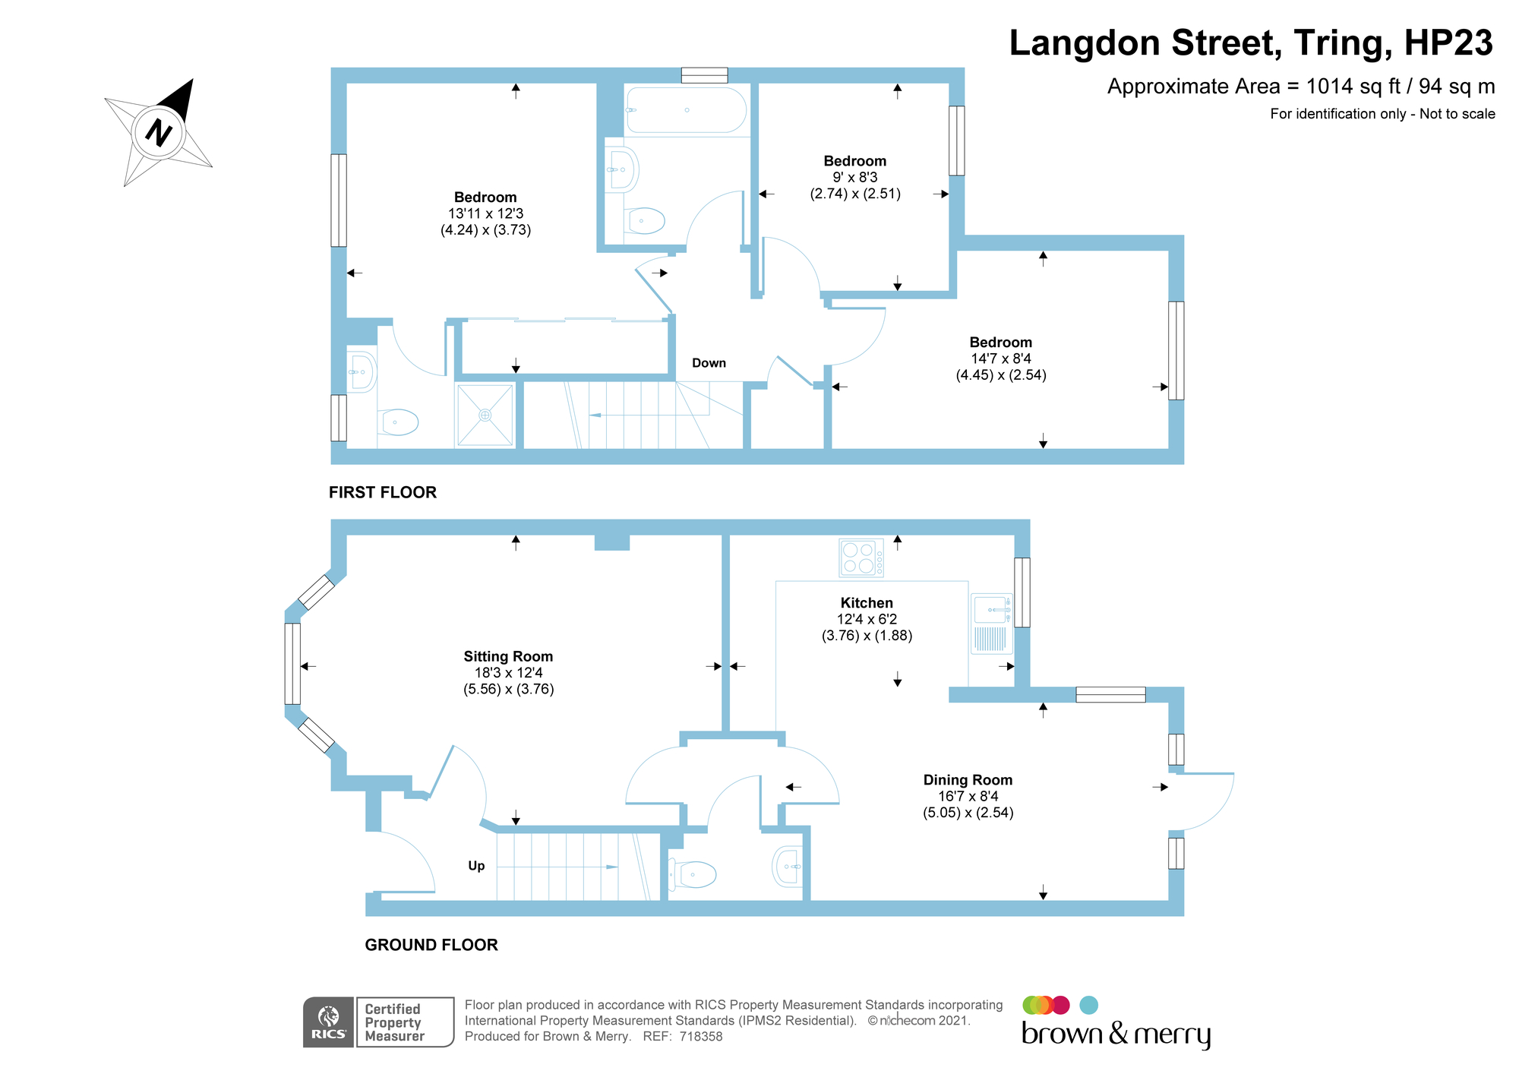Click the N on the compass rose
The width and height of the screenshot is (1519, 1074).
pyautogui.click(x=159, y=133)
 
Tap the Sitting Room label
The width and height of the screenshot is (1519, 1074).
pyautogui.click(x=508, y=656)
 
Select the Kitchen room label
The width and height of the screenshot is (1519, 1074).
pyautogui.click(x=867, y=603)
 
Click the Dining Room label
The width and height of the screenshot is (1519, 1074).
pyautogui.click(x=968, y=780)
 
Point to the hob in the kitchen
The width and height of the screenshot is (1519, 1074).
pyautogui.click(x=861, y=558)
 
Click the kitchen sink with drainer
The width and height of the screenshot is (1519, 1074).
pyautogui.click(x=992, y=624)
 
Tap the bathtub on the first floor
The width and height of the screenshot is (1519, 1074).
pyautogui.click(x=686, y=111)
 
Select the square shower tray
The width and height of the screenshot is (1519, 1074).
pyautogui.click(x=485, y=415)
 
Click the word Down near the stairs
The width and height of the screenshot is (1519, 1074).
pyautogui.click(x=709, y=363)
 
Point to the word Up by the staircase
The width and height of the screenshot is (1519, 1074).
pyautogui.click(x=476, y=866)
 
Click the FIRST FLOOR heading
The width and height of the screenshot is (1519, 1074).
pyautogui.click(x=383, y=492)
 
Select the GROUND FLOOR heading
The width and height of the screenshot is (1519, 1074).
pyautogui.click(x=431, y=945)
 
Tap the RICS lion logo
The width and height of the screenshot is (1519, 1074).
pyautogui.click(x=329, y=1022)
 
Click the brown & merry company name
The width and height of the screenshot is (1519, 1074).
pyautogui.click(x=1116, y=1035)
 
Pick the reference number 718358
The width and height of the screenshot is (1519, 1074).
pyautogui.click(x=701, y=1037)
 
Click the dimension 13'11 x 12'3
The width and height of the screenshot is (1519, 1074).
pyautogui.click(x=485, y=213)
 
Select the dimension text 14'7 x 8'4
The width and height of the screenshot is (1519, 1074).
pyautogui.click(x=1001, y=359)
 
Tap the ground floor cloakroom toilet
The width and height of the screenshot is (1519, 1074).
pyautogui.click(x=693, y=875)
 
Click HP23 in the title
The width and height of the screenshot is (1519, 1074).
pyautogui.click(x=1448, y=43)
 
